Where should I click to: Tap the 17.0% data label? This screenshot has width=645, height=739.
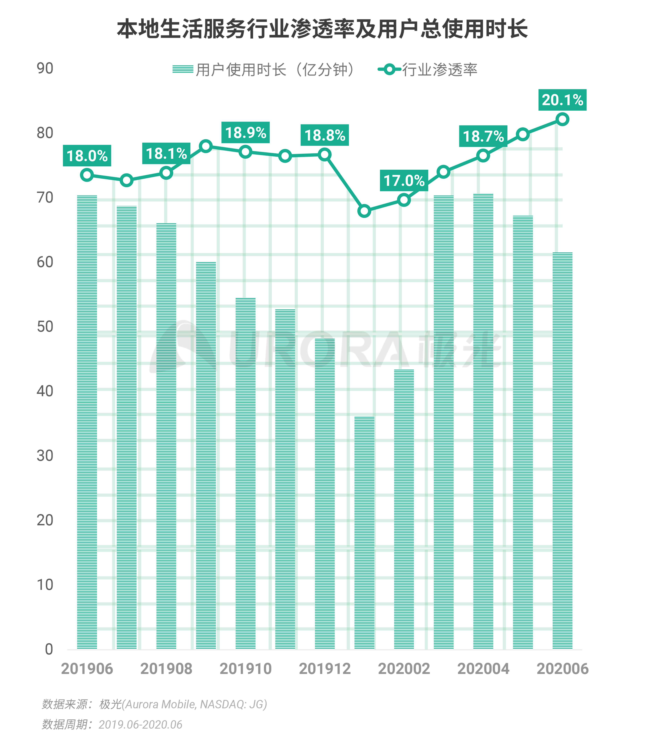[404, 180]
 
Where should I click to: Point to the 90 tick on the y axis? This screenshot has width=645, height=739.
[45, 68]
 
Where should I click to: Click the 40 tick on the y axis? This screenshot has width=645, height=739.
[45, 391]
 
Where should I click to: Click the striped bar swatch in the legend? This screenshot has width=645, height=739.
[183, 69]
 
